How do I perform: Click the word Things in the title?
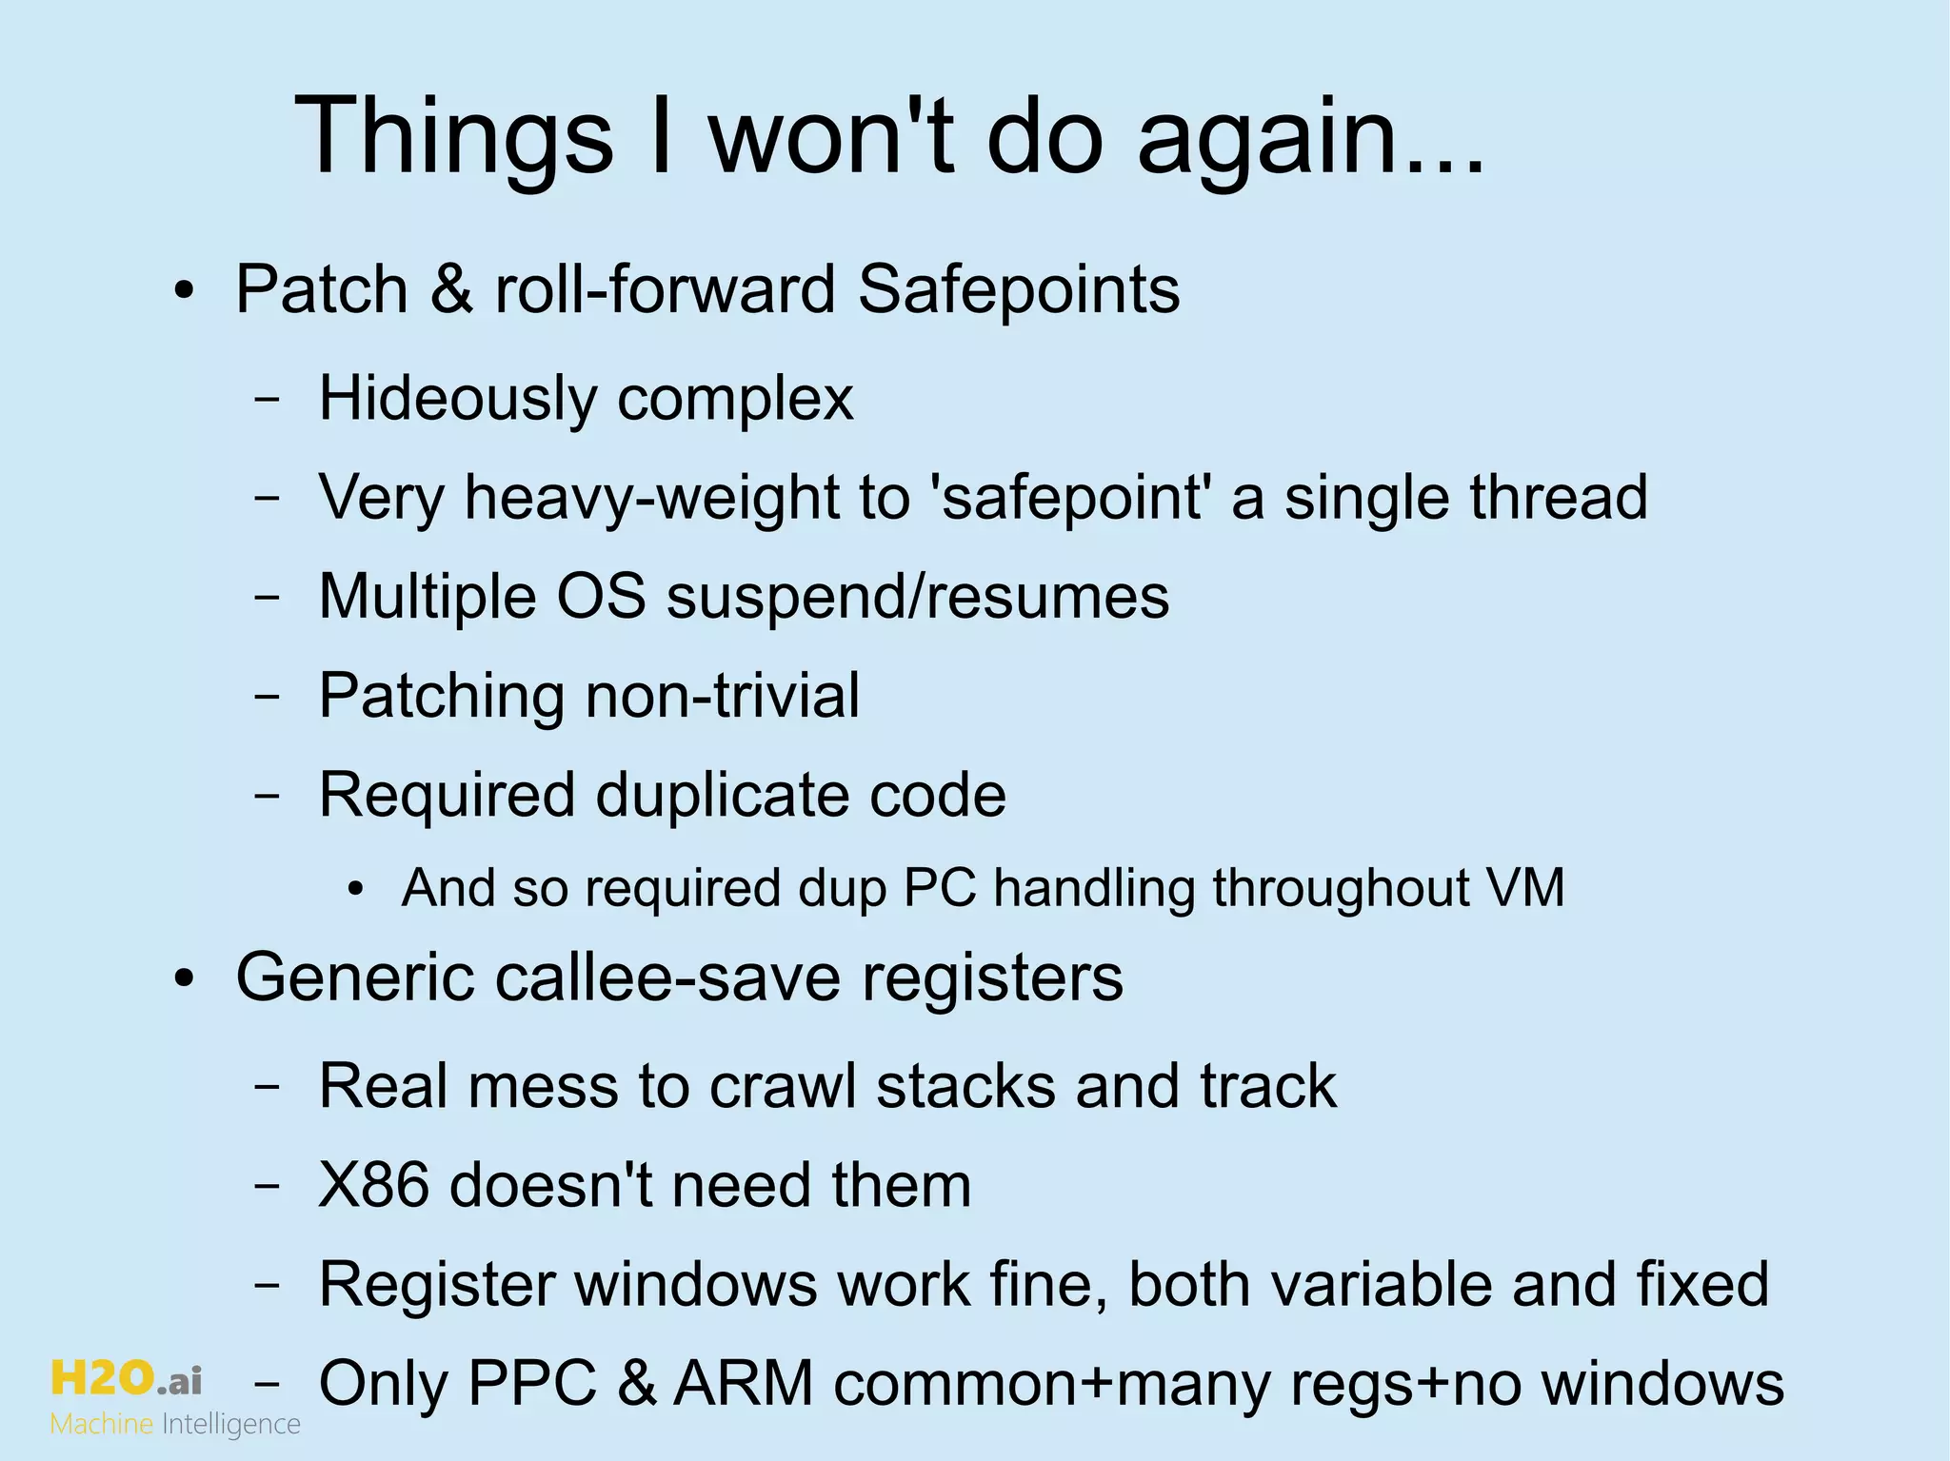click(455, 135)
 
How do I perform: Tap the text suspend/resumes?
click(917, 597)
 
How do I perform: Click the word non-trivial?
click(723, 695)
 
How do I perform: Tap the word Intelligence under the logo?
click(231, 1425)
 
